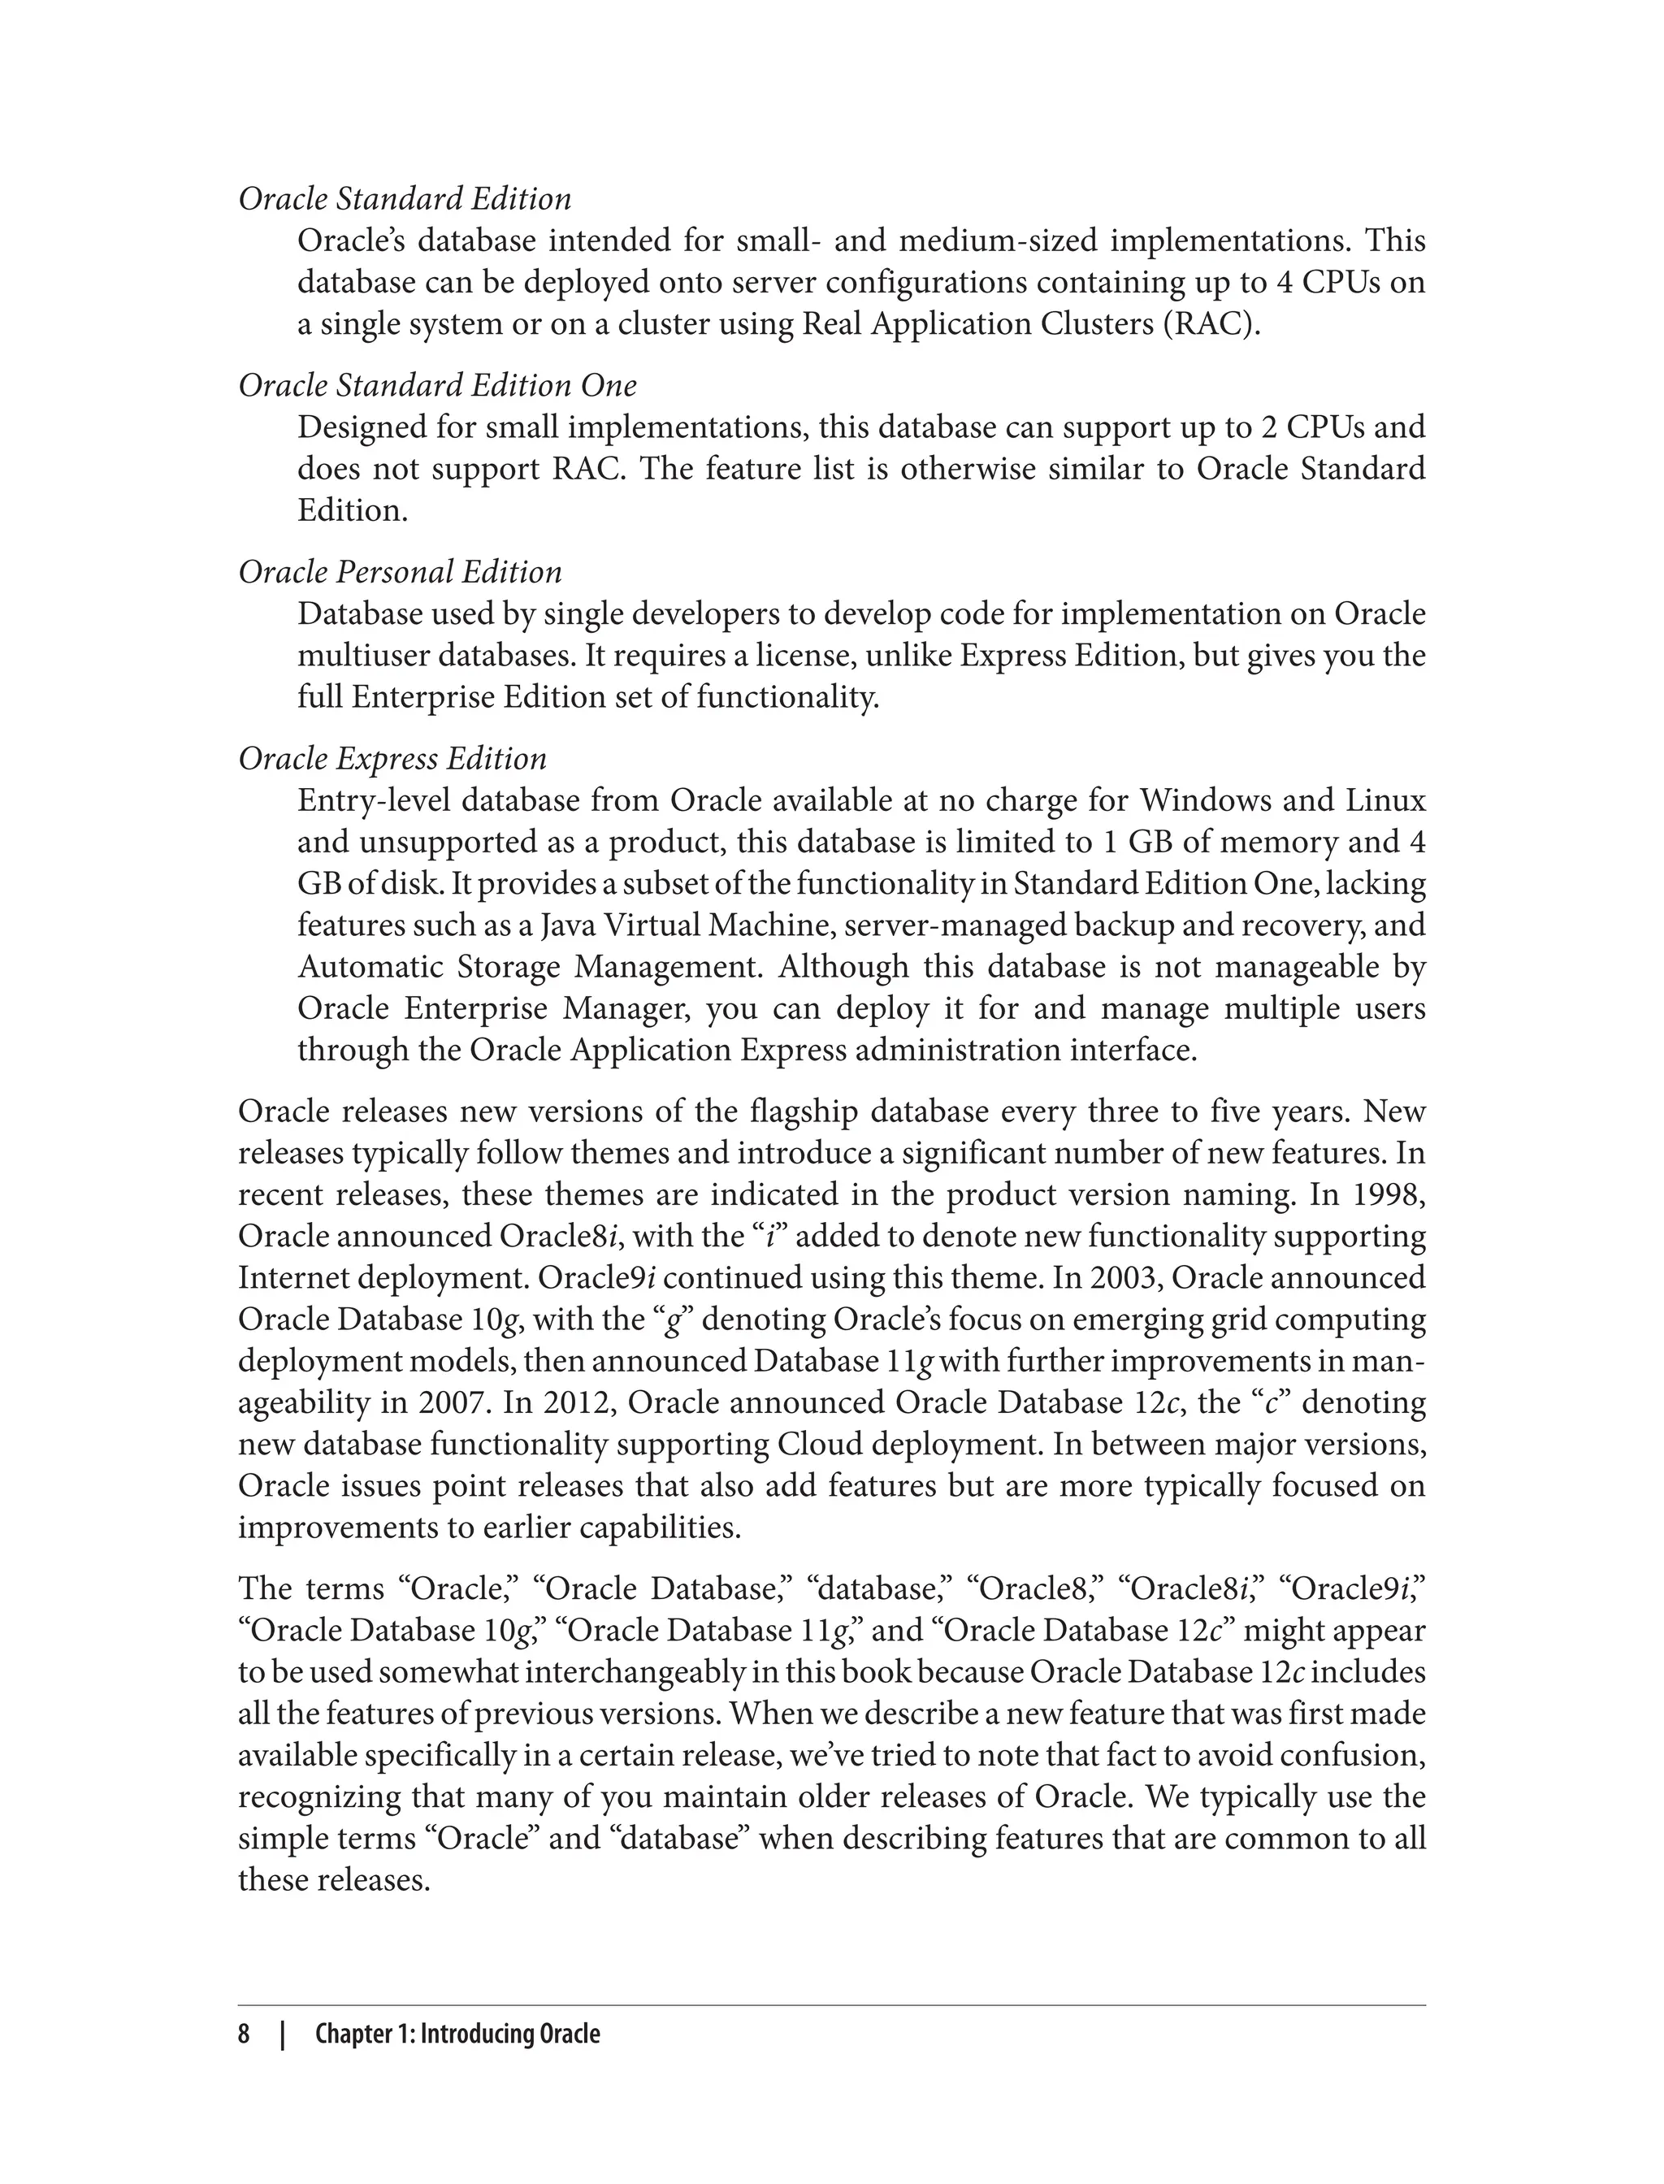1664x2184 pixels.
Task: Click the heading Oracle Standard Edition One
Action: click(437, 385)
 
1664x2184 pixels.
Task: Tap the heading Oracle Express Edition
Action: click(392, 758)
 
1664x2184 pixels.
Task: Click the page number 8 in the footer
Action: click(244, 2034)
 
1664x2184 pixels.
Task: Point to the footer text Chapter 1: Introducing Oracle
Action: click(457, 2034)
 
